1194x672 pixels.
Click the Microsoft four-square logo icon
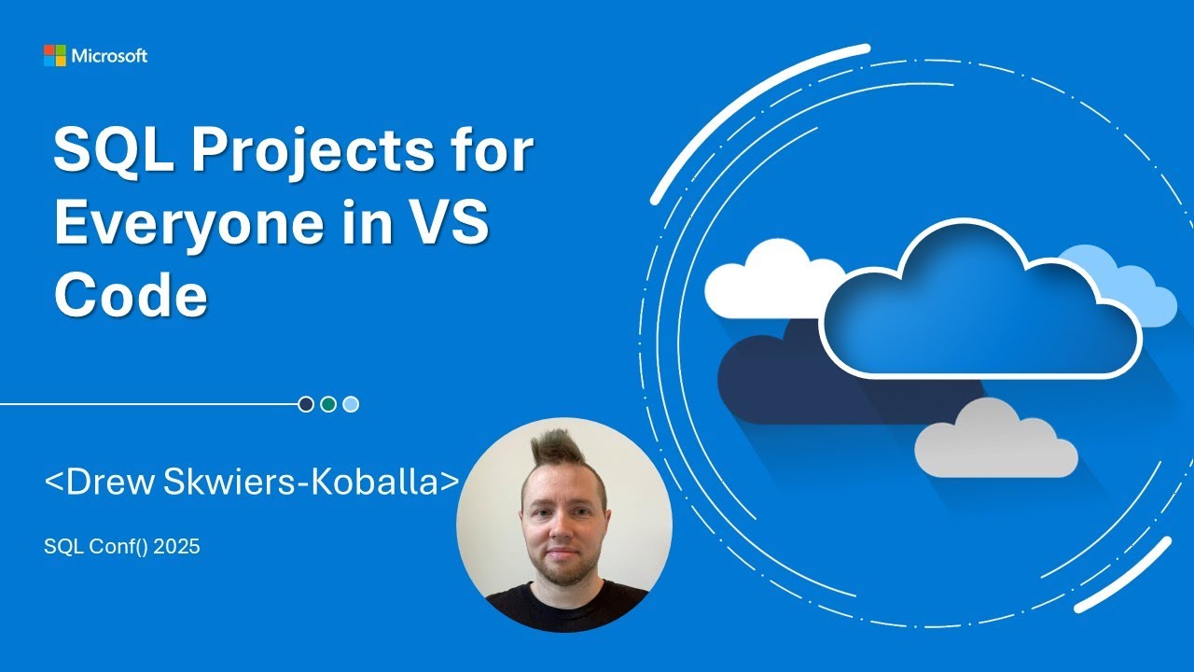pyautogui.click(x=55, y=56)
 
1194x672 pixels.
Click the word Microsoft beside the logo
pyautogui.click(x=109, y=56)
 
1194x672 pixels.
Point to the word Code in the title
pyautogui.click(x=130, y=298)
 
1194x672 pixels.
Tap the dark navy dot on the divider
pyautogui.click(x=306, y=404)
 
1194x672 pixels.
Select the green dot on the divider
pyautogui.click(x=328, y=404)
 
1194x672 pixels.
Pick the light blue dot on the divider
pyautogui.click(x=351, y=404)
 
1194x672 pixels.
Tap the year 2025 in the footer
pyautogui.click(x=177, y=547)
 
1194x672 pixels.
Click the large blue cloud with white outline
pyautogui.click(x=979, y=313)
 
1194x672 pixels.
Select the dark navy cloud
pyautogui.click(x=774, y=373)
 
